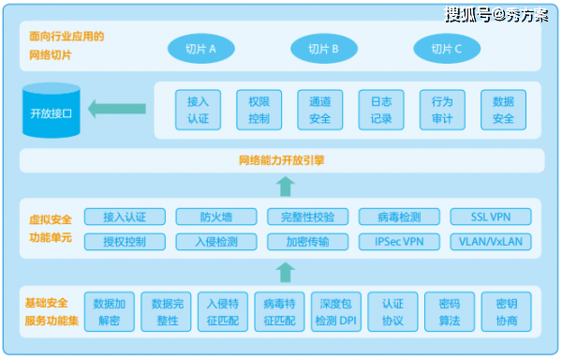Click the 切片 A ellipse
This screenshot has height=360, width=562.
[x=201, y=49]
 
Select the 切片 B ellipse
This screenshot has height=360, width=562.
[x=324, y=49]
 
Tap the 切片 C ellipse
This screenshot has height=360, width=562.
[x=447, y=49]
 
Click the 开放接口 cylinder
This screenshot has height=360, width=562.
[x=52, y=111]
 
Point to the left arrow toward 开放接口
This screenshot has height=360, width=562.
[x=117, y=109]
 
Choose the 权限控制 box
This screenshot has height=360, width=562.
[x=259, y=110]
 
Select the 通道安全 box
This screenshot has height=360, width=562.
[x=320, y=110]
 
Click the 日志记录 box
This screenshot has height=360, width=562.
[x=381, y=110]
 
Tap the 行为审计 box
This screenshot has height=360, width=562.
[x=442, y=110]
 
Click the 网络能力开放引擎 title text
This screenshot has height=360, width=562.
[x=282, y=160]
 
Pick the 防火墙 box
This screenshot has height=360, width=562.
[x=216, y=217]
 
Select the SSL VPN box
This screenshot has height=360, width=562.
[x=491, y=217]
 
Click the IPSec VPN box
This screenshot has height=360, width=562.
[x=399, y=242]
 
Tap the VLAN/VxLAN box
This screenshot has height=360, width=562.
[x=491, y=242]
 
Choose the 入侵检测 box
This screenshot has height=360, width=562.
[x=216, y=242]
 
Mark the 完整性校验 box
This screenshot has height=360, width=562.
[x=307, y=217]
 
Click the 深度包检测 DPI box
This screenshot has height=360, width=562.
[x=336, y=312]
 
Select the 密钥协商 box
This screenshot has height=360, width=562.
[x=507, y=312]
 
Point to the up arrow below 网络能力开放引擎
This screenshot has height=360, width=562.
[x=286, y=187]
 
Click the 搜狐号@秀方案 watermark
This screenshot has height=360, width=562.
[x=496, y=15]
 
